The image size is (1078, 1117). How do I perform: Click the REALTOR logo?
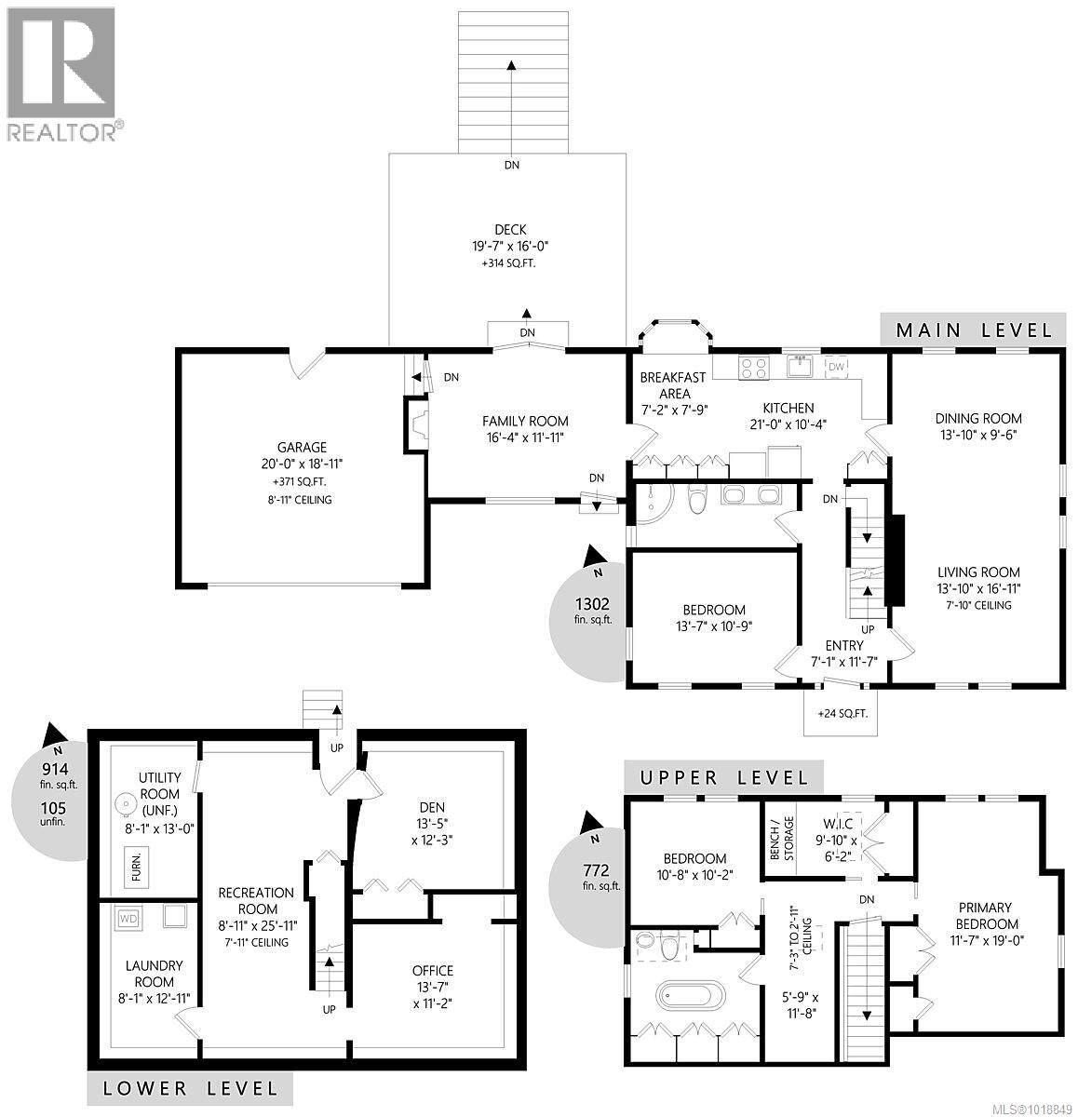click(x=61, y=74)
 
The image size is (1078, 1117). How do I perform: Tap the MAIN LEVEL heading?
click(x=974, y=330)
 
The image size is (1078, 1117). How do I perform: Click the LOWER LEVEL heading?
click(x=190, y=1088)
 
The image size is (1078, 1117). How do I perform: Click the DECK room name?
click(x=511, y=230)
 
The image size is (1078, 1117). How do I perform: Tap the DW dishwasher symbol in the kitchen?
click(x=835, y=366)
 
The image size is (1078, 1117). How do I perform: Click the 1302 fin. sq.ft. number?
click(x=591, y=603)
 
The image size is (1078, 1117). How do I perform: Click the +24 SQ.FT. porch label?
click(x=842, y=714)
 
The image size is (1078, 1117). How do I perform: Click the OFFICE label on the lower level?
click(x=433, y=971)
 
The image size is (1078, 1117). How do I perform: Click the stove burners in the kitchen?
click(x=753, y=368)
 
